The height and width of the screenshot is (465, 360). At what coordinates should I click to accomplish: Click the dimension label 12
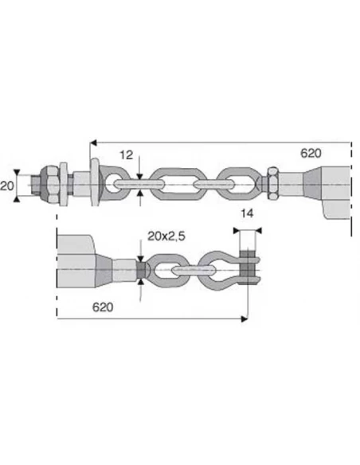tap(126, 154)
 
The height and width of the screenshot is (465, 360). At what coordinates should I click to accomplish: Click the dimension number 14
tap(248, 214)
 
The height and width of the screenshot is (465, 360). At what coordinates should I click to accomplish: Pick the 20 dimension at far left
tap(7, 186)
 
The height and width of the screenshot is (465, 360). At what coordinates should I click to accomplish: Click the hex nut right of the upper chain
tap(272, 184)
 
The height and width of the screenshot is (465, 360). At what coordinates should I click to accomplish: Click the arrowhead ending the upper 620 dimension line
tap(91, 141)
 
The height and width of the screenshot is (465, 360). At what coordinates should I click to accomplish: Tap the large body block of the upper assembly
tap(336, 191)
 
